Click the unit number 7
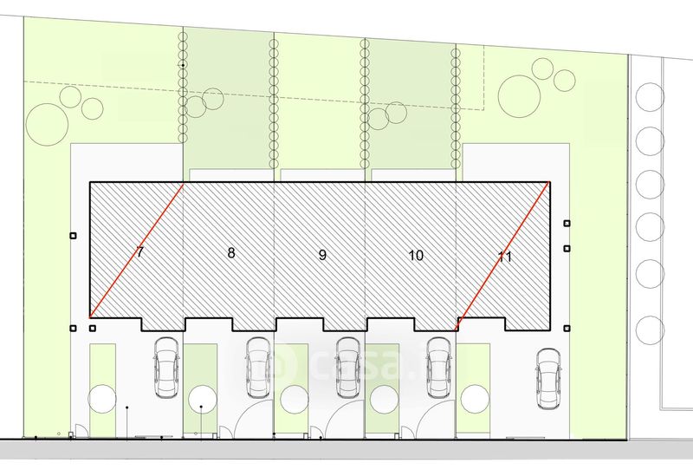tap(140, 253)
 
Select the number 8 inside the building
tap(231, 253)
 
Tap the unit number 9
tap(322, 255)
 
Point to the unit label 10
tap(415, 255)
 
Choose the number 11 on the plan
tap(506, 256)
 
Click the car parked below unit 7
tap(165, 367)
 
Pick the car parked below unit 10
tap(440, 367)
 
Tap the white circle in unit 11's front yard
tap(474, 400)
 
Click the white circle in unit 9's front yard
tap(295, 398)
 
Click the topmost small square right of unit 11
tap(567, 223)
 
